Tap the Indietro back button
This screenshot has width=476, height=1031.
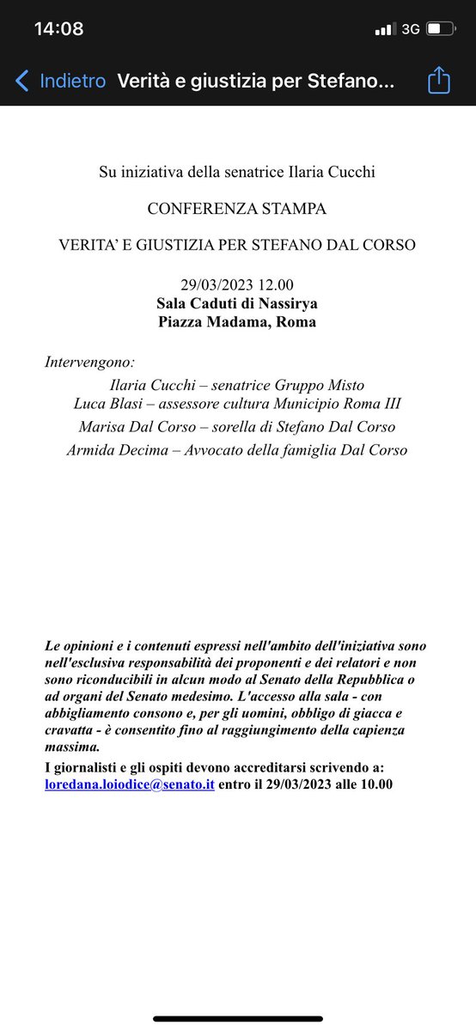60,81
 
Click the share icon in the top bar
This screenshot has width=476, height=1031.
439,81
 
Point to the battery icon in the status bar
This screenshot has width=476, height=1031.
440,29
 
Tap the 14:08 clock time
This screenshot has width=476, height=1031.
58,29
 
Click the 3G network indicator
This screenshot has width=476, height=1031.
410,29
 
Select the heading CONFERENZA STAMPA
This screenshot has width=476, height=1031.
237,209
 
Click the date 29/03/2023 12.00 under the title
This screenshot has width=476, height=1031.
236,284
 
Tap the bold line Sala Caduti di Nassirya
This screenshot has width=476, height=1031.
237,302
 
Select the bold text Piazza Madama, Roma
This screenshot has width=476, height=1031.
237,322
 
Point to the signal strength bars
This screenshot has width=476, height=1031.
383,30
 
